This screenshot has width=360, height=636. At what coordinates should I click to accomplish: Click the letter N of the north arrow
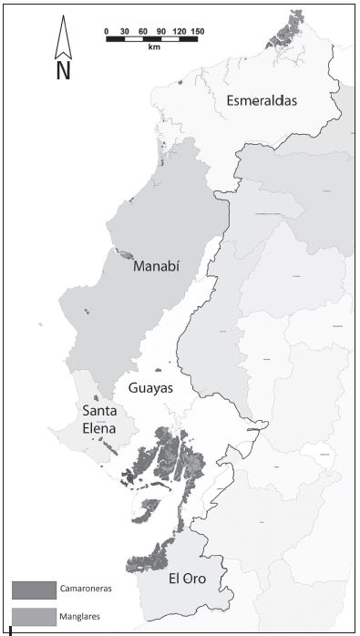(x=63, y=71)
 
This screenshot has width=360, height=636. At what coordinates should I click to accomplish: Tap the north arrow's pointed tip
(x=63, y=20)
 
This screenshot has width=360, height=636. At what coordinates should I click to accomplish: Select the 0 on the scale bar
(x=107, y=32)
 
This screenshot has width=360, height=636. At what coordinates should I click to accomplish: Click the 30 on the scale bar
(x=125, y=32)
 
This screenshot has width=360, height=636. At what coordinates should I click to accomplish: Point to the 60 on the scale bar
(x=144, y=32)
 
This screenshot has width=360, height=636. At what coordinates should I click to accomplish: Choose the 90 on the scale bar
(x=162, y=32)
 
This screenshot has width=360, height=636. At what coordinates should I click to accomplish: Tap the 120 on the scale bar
(x=180, y=32)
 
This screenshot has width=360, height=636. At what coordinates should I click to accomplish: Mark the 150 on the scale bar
(x=198, y=32)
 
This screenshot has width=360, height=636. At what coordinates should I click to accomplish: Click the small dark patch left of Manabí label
(x=124, y=254)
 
